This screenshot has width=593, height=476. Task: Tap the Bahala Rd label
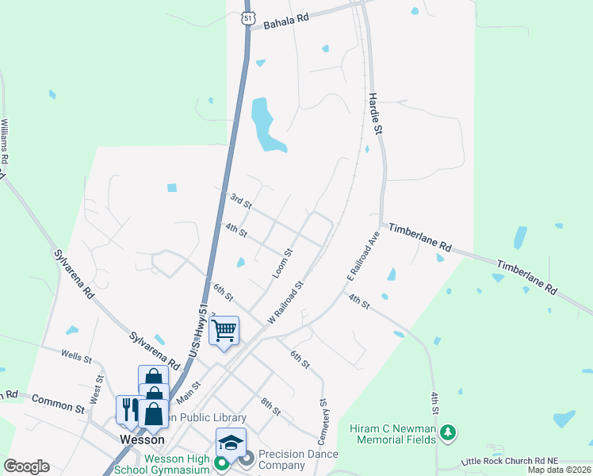click(286, 19)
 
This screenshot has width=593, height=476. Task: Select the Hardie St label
click(376, 112)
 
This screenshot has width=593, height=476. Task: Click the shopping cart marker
click(224, 328)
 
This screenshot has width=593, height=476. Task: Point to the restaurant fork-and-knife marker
click(128, 409)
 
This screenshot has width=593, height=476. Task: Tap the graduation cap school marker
click(231, 442)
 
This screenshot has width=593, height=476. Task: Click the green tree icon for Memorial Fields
click(449, 432)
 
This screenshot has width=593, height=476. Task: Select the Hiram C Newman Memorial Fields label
click(392, 434)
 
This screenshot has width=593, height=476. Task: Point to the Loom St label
click(282, 263)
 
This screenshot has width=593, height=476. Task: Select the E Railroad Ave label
click(364, 255)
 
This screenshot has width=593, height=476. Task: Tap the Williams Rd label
click(6, 142)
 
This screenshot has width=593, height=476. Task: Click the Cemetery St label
click(323, 420)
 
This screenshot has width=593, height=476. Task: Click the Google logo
click(26, 466)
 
